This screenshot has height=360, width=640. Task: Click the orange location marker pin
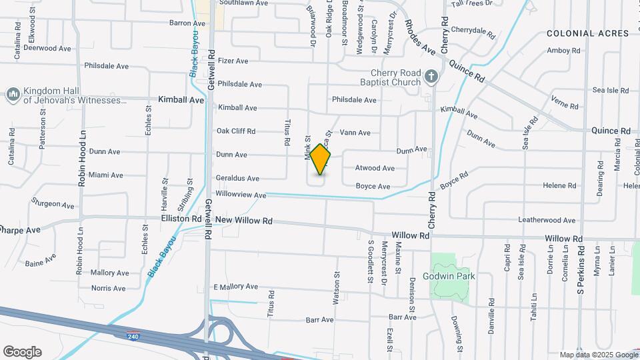(321, 159)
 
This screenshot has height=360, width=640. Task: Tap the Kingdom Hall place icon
(13, 95)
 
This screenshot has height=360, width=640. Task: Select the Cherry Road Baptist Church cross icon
(431, 77)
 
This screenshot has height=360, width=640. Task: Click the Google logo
(22, 351)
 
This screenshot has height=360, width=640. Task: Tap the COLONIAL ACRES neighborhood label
(587, 33)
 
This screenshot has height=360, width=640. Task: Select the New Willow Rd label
(244, 220)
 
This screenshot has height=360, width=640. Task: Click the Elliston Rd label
(181, 219)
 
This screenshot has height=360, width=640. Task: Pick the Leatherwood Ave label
(547, 220)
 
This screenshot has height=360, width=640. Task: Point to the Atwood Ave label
(375, 168)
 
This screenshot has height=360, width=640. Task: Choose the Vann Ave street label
(355, 133)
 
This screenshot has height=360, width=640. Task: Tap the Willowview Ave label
(241, 195)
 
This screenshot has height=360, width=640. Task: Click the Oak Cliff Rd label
(236, 131)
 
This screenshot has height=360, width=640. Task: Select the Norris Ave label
(108, 289)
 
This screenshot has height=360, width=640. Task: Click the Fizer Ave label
(232, 61)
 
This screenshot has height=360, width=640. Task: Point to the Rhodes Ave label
(420, 37)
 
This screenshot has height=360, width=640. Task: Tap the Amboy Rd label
(563, 51)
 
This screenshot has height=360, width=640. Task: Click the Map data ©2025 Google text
(597, 355)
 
